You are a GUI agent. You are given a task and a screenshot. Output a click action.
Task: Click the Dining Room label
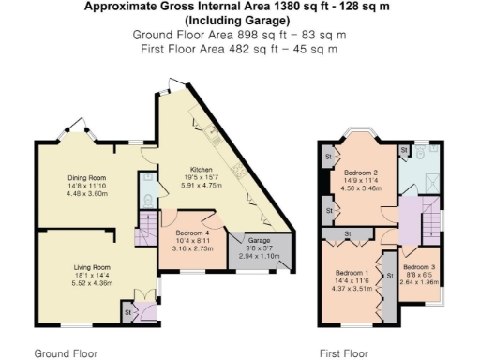[x=86, y=177]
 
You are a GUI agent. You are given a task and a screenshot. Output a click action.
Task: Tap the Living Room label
[x=93, y=267]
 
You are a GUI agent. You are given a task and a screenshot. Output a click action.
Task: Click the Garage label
[x=260, y=239]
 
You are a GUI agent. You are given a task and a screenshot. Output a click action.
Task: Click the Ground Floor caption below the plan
[x=66, y=353]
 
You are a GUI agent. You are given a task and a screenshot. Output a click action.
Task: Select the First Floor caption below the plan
[x=342, y=353]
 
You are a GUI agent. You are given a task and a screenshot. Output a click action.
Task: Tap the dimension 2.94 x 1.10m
[x=260, y=255]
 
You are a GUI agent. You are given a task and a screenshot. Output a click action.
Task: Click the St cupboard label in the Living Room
[x=127, y=311]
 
